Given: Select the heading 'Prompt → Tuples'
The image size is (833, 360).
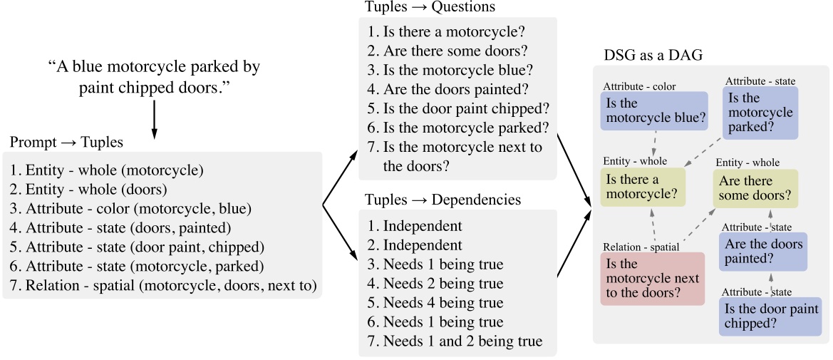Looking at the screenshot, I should [x=66, y=143].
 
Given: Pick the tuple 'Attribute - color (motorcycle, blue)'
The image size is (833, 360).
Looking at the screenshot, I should [x=131, y=209].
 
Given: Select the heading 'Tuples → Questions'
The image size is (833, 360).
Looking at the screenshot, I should [x=430, y=7].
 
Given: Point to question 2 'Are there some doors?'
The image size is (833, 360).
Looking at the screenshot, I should [x=455, y=51].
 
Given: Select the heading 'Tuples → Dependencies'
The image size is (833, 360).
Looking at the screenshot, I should [x=443, y=200].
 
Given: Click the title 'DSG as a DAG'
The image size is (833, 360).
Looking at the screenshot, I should [x=651, y=56].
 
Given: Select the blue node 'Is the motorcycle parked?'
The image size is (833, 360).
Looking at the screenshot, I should [x=760, y=113].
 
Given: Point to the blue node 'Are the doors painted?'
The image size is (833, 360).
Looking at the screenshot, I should [x=763, y=252].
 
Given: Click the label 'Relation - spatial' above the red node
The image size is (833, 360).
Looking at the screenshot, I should [x=641, y=247].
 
